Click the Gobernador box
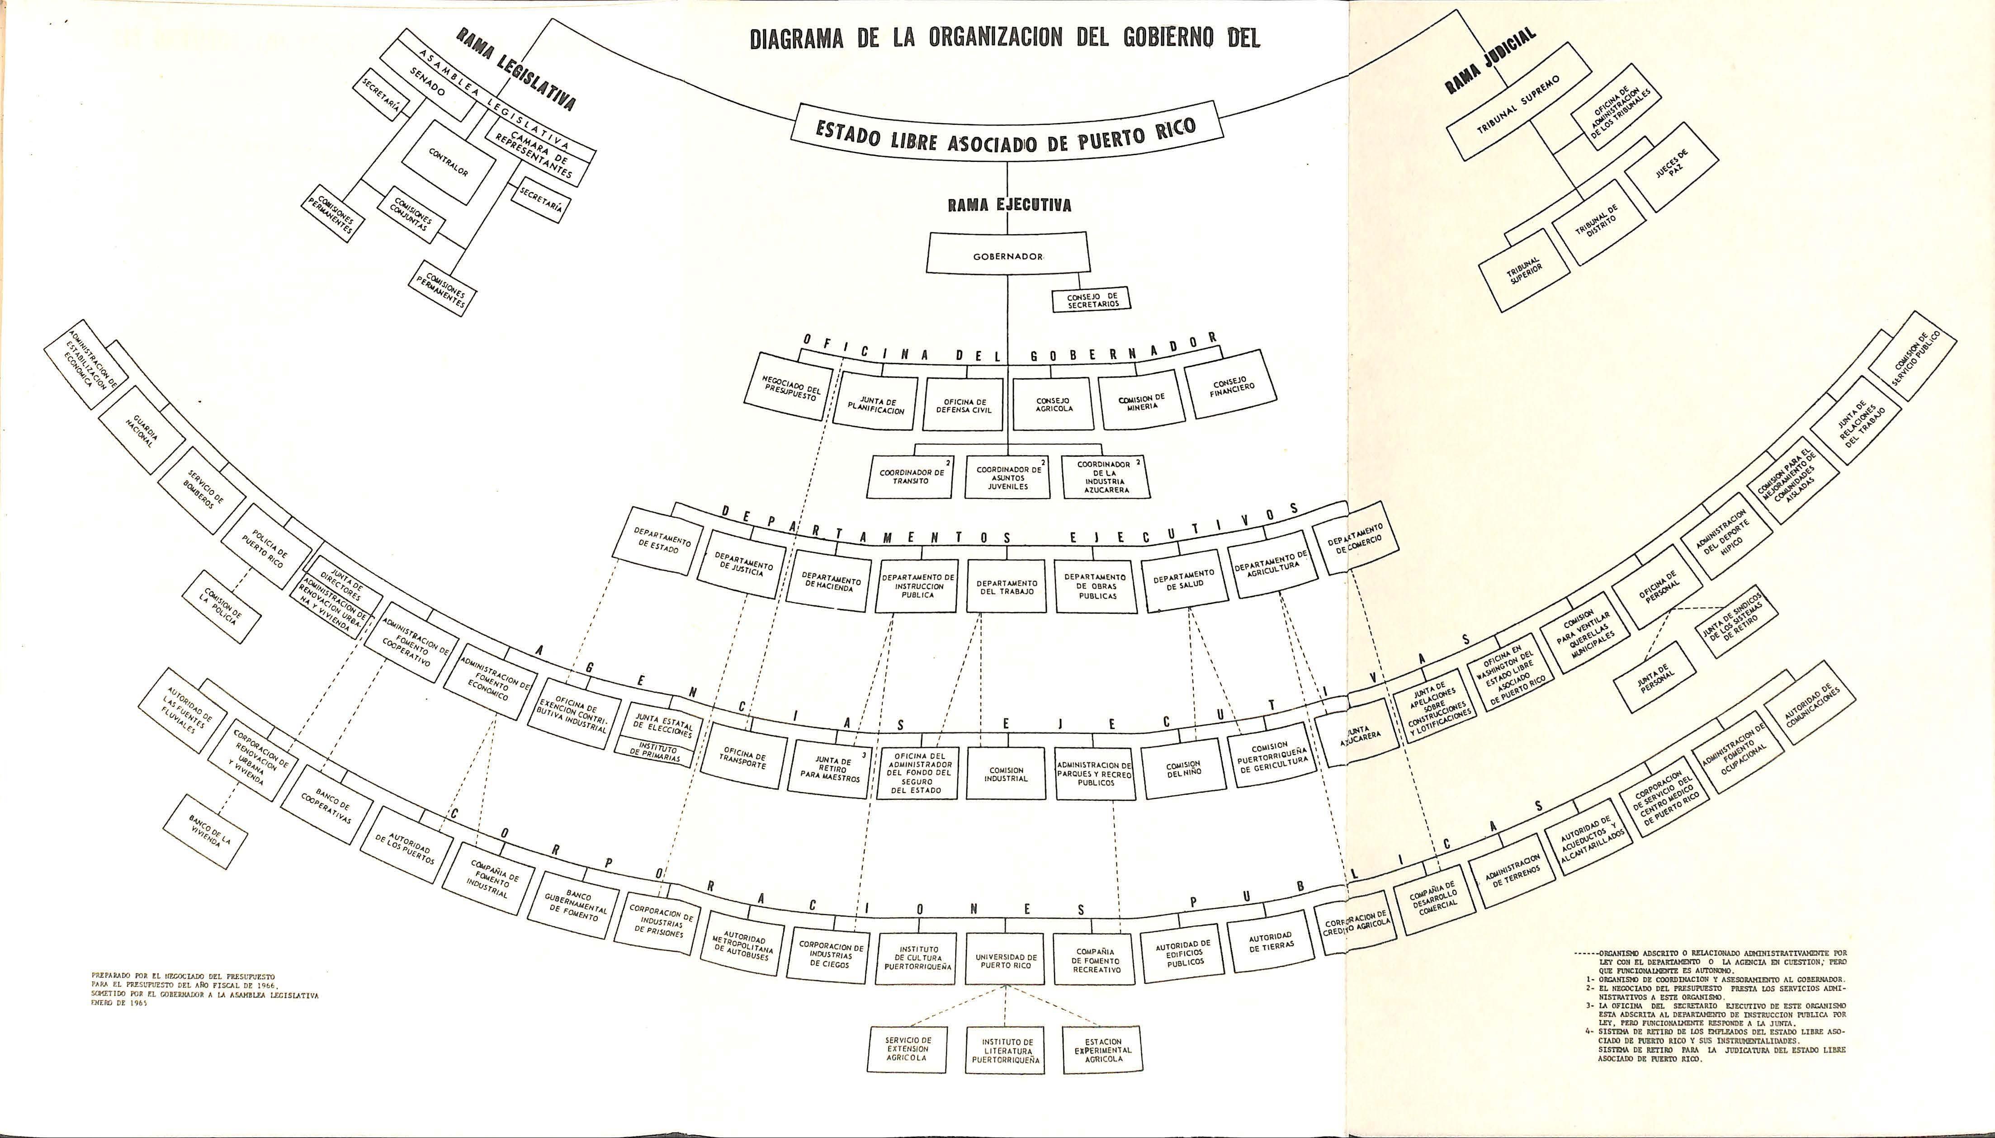click(1007, 255)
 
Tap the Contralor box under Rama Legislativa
click(449, 162)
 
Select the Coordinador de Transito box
click(911, 476)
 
